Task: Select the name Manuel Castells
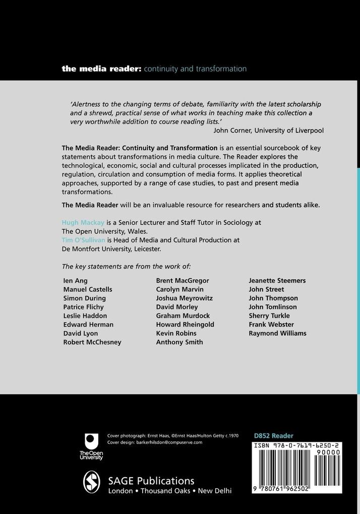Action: pos(88,289)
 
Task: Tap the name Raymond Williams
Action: pos(277,333)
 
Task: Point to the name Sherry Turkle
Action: pos(269,316)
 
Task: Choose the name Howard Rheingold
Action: pos(185,325)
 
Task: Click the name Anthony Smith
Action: pos(179,342)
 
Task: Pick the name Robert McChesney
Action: pos(92,342)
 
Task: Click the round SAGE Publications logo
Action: pos(92,481)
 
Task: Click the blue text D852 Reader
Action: pos(274,436)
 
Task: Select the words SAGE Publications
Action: pos(151,480)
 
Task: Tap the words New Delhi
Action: pos(215,491)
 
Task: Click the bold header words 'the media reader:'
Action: pos(101,69)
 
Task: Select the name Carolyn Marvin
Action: pos(180,289)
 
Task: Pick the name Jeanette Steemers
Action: pos(277,281)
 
